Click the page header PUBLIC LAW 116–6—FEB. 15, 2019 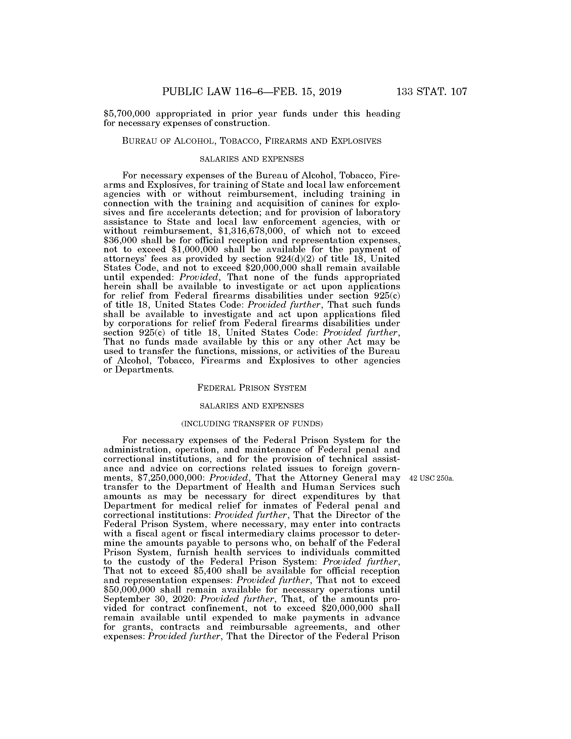(252, 92)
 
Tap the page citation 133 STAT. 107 (432, 92)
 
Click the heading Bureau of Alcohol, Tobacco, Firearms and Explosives (252, 141)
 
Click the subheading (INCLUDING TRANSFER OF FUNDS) (252, 424)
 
